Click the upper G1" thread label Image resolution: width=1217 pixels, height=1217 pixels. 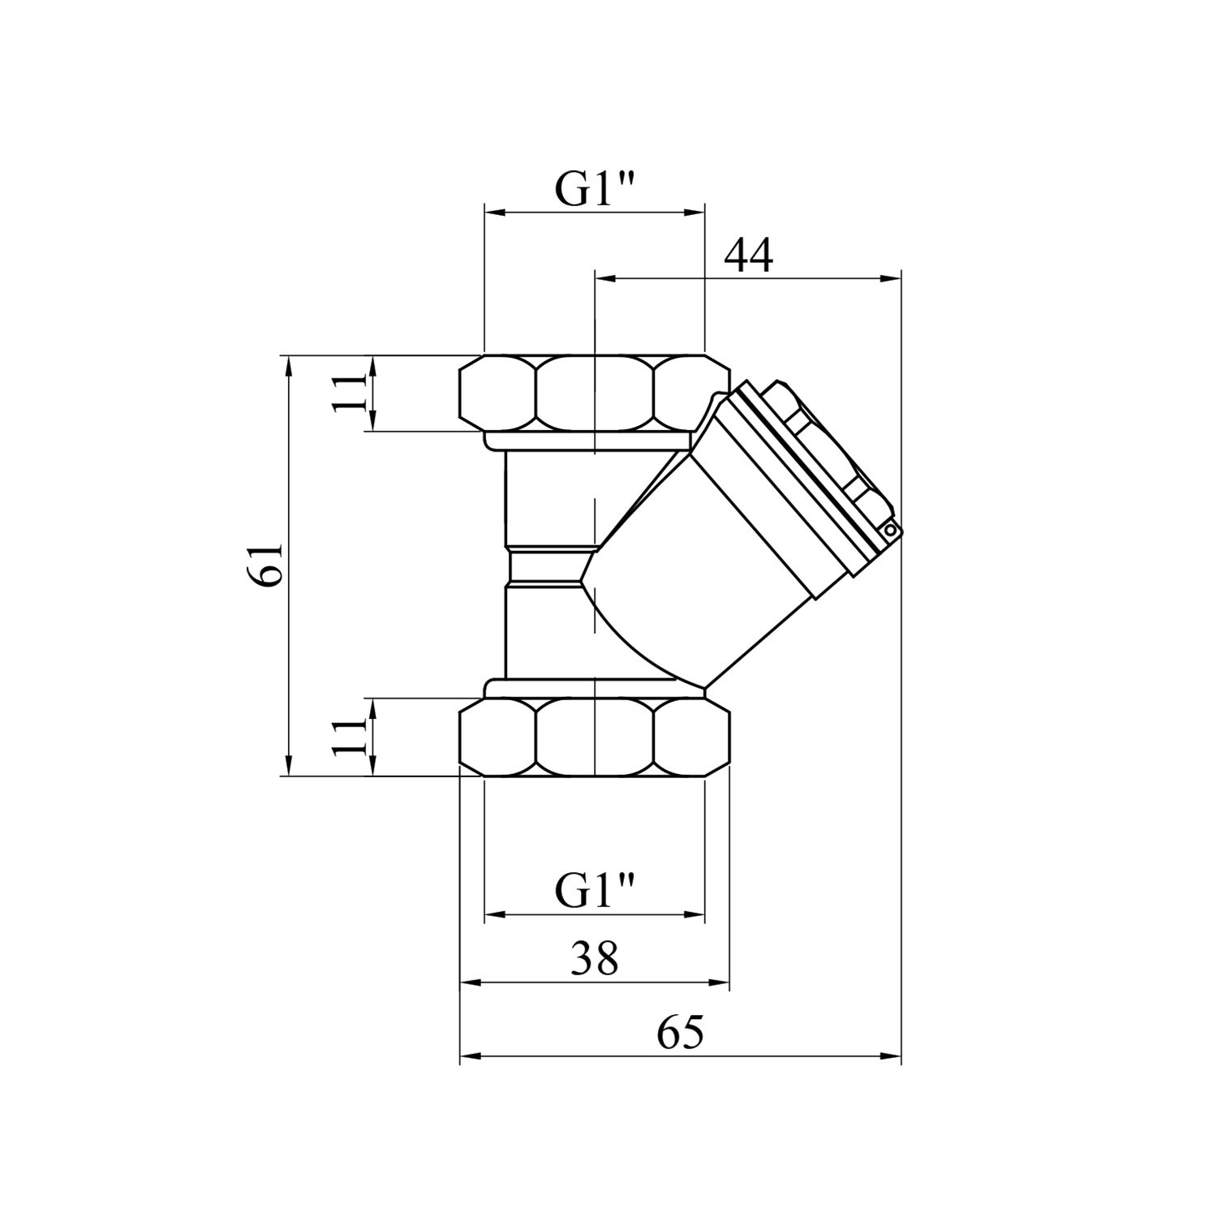click(594, 189)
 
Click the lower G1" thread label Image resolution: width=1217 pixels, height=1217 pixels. click(594, 892)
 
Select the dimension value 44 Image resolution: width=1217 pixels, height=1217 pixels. click(748, 256)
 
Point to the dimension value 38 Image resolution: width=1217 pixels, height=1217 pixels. click(594, 960)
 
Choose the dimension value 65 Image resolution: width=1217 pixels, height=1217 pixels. click(680, 1034)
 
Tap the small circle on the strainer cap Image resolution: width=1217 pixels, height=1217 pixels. click(891, 531)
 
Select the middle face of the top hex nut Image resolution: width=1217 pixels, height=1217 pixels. click(594, 393)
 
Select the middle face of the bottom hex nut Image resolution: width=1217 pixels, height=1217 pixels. click(594, 737)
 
